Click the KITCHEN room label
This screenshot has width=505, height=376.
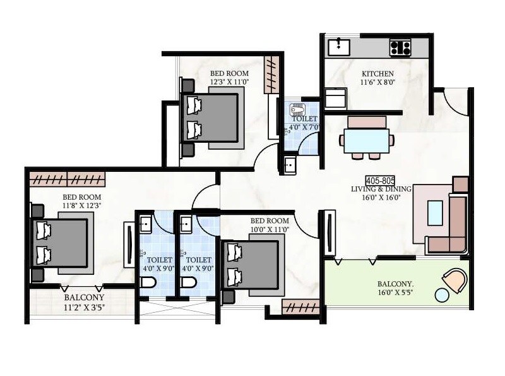378,73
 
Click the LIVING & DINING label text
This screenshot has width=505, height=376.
381,189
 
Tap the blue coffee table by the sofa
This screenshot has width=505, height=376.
436,212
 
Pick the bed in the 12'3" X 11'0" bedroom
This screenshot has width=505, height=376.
211,117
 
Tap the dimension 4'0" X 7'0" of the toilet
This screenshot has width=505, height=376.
304,127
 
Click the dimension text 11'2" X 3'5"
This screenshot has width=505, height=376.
83,308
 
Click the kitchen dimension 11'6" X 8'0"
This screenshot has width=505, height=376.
377,83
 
